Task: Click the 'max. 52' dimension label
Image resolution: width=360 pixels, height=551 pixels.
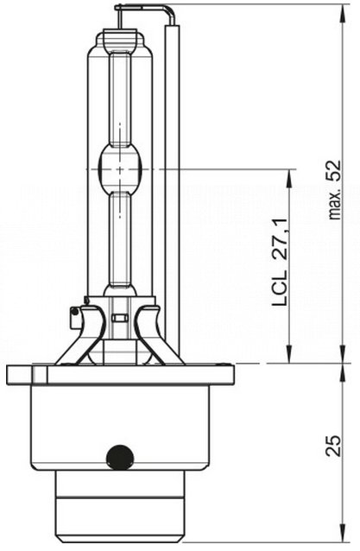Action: coord(334,190)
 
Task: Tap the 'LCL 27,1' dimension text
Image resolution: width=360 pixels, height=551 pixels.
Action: coord(281,263)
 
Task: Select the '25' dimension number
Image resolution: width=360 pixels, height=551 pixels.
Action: coord(333,446)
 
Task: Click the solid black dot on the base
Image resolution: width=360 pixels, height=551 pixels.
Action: coord(120,457)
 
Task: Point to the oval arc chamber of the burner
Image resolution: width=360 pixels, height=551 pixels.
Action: coord(120,169)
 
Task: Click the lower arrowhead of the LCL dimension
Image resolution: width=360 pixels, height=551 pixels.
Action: coord(288,354)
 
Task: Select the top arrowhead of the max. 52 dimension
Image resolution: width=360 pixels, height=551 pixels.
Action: coord(344,13)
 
